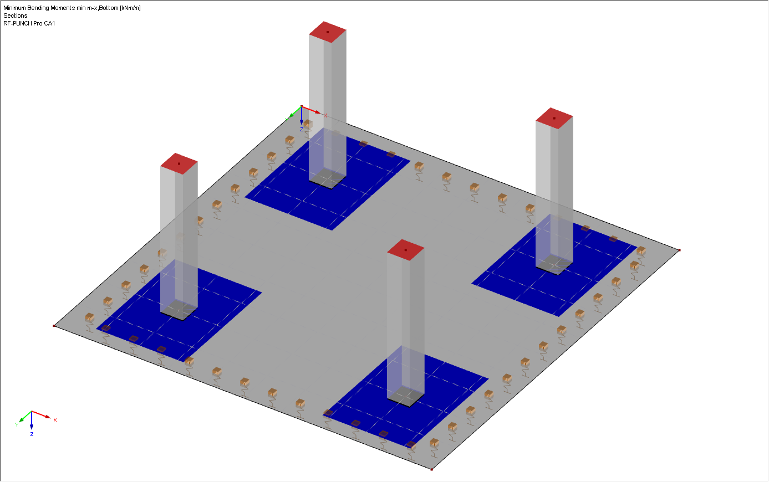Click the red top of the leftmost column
pos(179,163)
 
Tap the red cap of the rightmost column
pos(554,119)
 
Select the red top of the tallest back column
pos(328,32)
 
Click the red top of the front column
pos(406,250)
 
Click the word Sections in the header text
pos(16,16)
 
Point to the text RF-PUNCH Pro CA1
pos(29,23)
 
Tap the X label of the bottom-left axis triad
pos(55,421)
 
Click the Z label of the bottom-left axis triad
pos(32,434)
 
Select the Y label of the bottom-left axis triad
pos(17,425)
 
